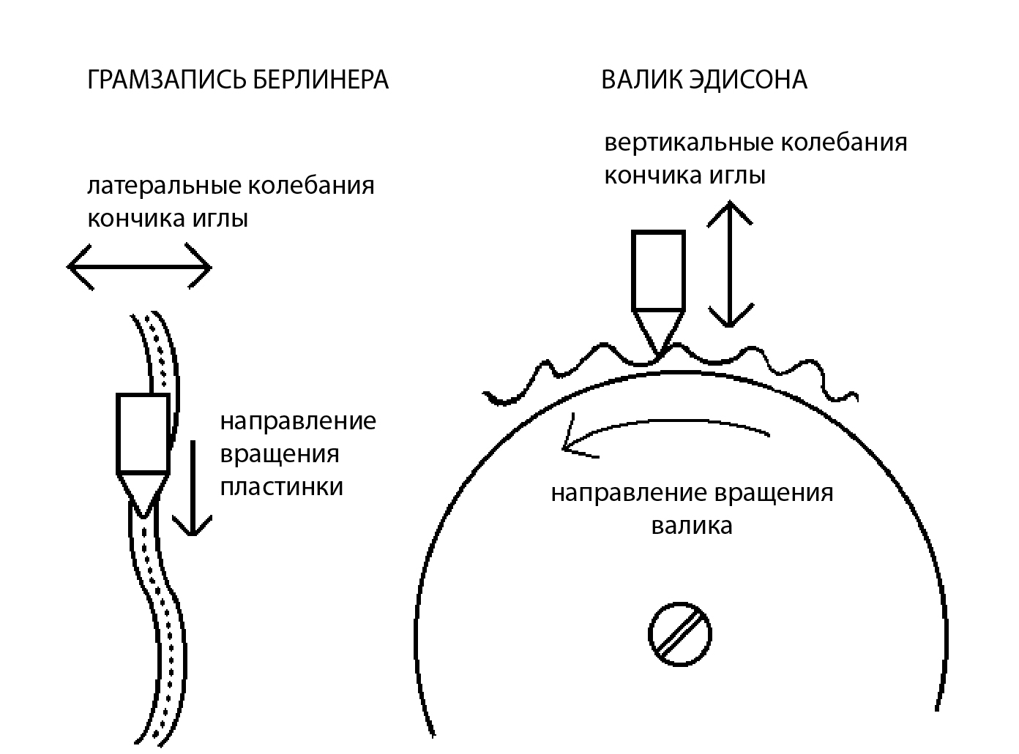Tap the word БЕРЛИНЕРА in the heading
coord(320,80)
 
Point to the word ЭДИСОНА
coord(748,80)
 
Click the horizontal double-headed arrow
coord(139,268)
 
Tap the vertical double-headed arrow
coord(730,264)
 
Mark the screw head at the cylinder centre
coord(680,634)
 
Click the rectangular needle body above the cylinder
coord(658,271)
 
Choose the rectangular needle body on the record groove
coord(143,433)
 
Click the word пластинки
coord(281,486)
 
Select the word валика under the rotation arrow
coord(691,526)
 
